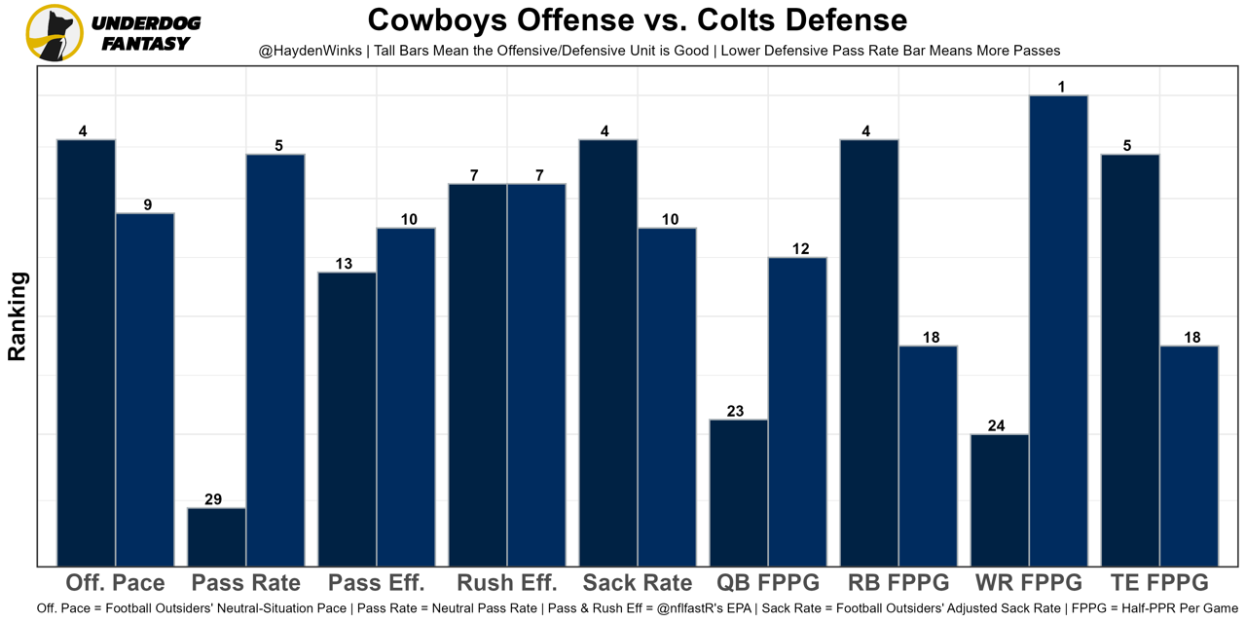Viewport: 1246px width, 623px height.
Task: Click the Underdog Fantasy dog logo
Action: point(55,32)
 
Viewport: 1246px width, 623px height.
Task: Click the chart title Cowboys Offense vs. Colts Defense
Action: point(637,19)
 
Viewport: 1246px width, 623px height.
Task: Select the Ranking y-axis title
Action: point(18,316)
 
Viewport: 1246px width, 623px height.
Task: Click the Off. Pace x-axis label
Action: point(115,583)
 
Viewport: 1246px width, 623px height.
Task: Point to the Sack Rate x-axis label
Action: point(637,583)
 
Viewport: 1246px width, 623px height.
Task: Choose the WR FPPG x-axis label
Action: point(1028,583)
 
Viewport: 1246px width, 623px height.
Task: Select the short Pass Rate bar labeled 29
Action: point(216,536)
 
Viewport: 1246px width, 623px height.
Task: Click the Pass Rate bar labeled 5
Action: point(275,359)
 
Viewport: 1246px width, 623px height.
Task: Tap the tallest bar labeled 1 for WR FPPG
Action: point(1058,330)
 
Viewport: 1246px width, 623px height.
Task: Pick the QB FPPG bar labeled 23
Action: point(738,493)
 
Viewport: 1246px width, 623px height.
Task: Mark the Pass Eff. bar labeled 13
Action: point(348,419)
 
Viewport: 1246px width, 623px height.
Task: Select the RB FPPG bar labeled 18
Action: point(928,456)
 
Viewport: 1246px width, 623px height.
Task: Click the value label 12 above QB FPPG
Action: point(800,249)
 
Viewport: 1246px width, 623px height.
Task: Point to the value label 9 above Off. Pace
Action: point(147,205)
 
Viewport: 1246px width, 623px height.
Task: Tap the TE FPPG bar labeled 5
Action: point(1130,359)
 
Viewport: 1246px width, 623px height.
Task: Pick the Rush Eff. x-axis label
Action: point(506,583)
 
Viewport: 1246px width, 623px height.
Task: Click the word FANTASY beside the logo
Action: point(146,44)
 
